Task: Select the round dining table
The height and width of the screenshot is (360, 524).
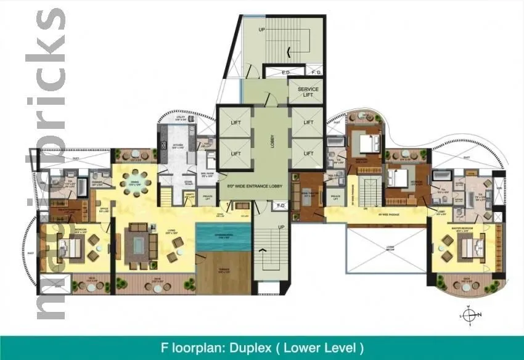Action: click(136, 182)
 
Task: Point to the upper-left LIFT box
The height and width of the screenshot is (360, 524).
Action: click(235, 122)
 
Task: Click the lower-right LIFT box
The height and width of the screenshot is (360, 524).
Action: click(307, 153)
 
